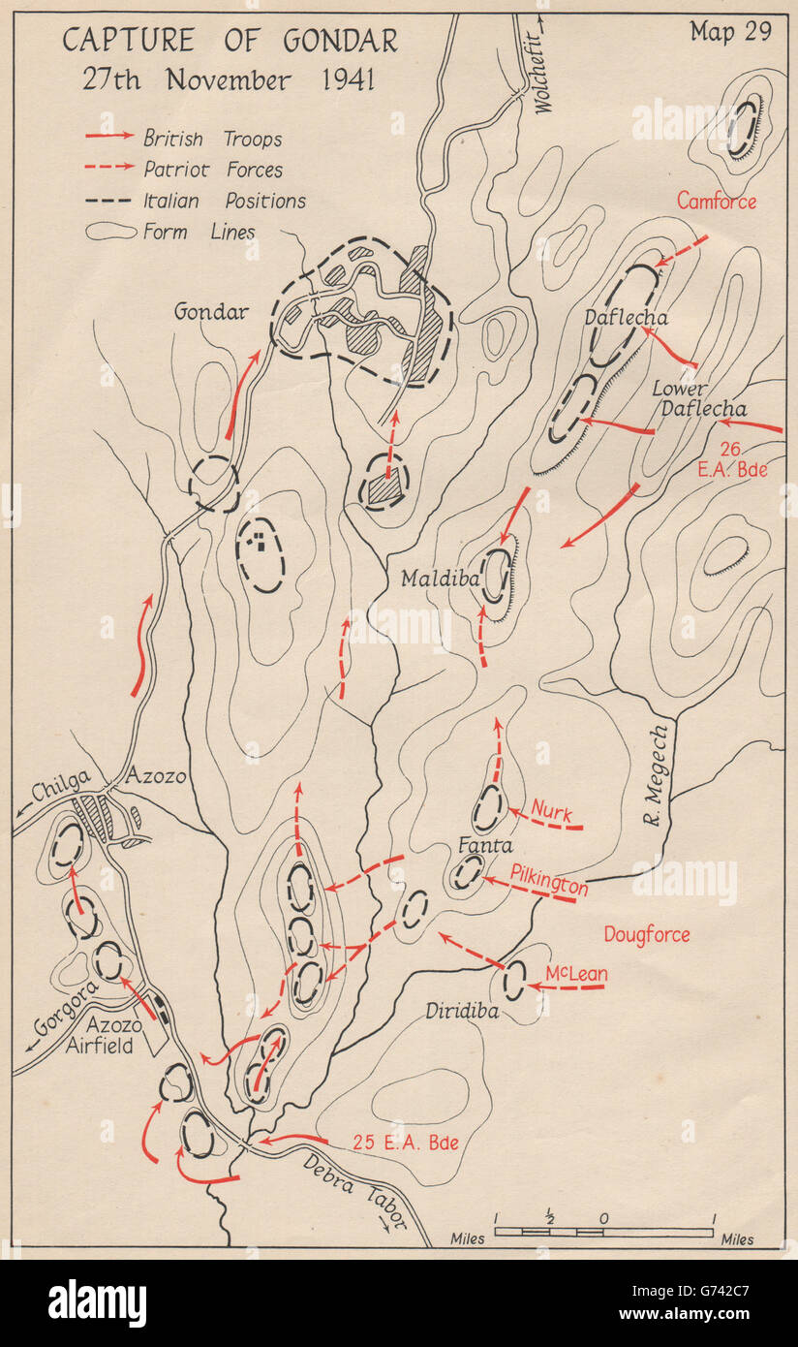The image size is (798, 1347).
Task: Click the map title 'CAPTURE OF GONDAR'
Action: pos(230,42)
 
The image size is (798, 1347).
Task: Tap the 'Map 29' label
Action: pos(730,32)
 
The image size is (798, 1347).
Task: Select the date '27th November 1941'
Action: pos(227,78)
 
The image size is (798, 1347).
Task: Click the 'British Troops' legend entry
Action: pos(212,139)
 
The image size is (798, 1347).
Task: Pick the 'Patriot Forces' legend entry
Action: pos(213,170)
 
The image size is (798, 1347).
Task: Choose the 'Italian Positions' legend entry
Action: pos(224,202)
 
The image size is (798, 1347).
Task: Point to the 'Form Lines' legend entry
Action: pos(199,233)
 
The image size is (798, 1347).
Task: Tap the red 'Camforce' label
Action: pos(717,202)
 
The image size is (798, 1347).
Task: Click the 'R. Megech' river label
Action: pos(659,775)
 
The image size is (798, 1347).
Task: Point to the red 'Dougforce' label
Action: pos(647,934)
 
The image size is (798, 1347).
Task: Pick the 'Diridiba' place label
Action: pos(461,1011)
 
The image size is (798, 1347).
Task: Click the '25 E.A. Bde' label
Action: pos(405,1143)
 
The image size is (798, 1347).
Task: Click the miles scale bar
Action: pos(603,1233)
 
